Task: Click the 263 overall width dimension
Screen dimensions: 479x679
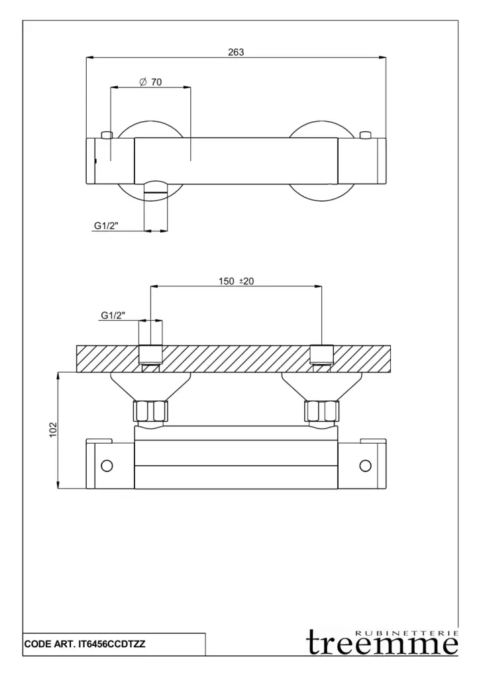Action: [x=236, y=52]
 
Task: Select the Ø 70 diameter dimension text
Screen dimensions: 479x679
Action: [x=150, y=82]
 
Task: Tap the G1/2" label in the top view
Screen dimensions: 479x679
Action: [x=107, y=225]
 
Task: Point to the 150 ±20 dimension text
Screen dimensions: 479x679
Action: [x=236, y=281]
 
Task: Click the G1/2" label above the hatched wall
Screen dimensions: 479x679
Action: [x=113, y=315]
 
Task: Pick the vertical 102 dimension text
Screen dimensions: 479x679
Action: [x=53, y=429]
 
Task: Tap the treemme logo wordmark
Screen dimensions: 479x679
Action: [x=382, y=643]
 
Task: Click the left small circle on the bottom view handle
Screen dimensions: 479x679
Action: [x=107, y=465]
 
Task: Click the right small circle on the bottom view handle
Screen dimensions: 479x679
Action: [x=365, y=465]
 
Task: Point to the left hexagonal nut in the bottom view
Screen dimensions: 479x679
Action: [x=150, y=411]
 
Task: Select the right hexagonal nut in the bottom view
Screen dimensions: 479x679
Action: [x=323, y=411]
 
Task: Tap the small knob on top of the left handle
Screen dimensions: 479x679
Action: [x=107, y=135]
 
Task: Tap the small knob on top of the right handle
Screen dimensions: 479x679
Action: [x=366, y=135]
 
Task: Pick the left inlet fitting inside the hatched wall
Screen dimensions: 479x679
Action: [x=150, y=358]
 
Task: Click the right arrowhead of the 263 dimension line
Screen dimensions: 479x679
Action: [x=382, y=57]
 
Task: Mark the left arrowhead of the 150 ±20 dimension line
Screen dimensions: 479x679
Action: [x=154, y=286]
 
